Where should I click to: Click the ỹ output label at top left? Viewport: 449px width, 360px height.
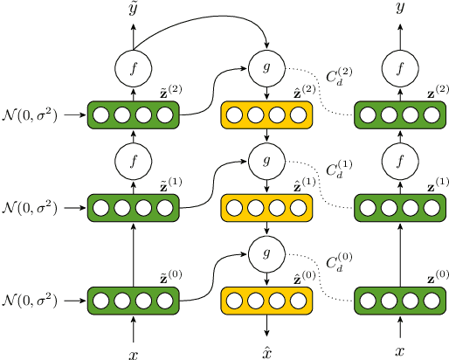pyautogui.click(x=134, y=10)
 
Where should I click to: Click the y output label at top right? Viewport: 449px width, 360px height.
pyautogui.click(x=400, y=10)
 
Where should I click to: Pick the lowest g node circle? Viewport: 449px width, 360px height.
pyautogui.click(x=266, y=253)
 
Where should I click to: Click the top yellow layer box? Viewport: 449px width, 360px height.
pyautogui.click(x=266, y=114)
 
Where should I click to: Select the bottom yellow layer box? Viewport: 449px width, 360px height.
pyautogui.click(x=266, y=301)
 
